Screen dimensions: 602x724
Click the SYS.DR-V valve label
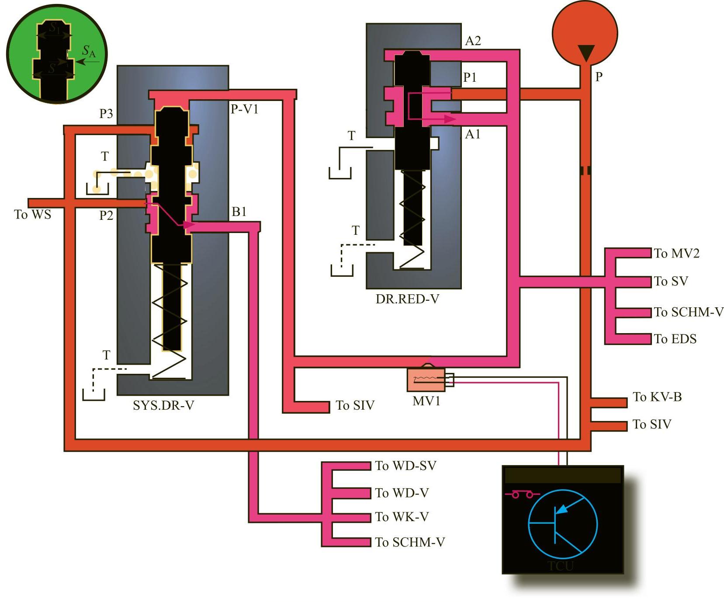(x=163, y=406)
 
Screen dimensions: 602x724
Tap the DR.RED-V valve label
(x=407, y=299)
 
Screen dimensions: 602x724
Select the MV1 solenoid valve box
(x=426, y=380)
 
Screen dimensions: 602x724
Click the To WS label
(x=33, y=215)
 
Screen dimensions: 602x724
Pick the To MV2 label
(x=676, y=254)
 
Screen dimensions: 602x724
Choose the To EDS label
(x=675, y=339)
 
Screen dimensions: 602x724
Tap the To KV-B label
(x=657, y=397)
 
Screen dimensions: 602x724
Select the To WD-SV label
(x=405, y=466)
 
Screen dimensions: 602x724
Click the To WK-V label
(x=402, y=517)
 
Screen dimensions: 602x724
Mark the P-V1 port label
(x=245, y=109)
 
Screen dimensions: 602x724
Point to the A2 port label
(x=473, y=41)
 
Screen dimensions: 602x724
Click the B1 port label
(x=239, y=212)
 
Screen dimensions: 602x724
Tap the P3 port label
(x=106, y=114)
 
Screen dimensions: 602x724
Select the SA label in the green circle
(x=89, y=52)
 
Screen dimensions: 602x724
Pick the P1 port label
(x=470, y=77)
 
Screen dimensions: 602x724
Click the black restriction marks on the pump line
(x=585, y=170)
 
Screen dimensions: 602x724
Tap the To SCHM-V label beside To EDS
(x=689, y=312)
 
